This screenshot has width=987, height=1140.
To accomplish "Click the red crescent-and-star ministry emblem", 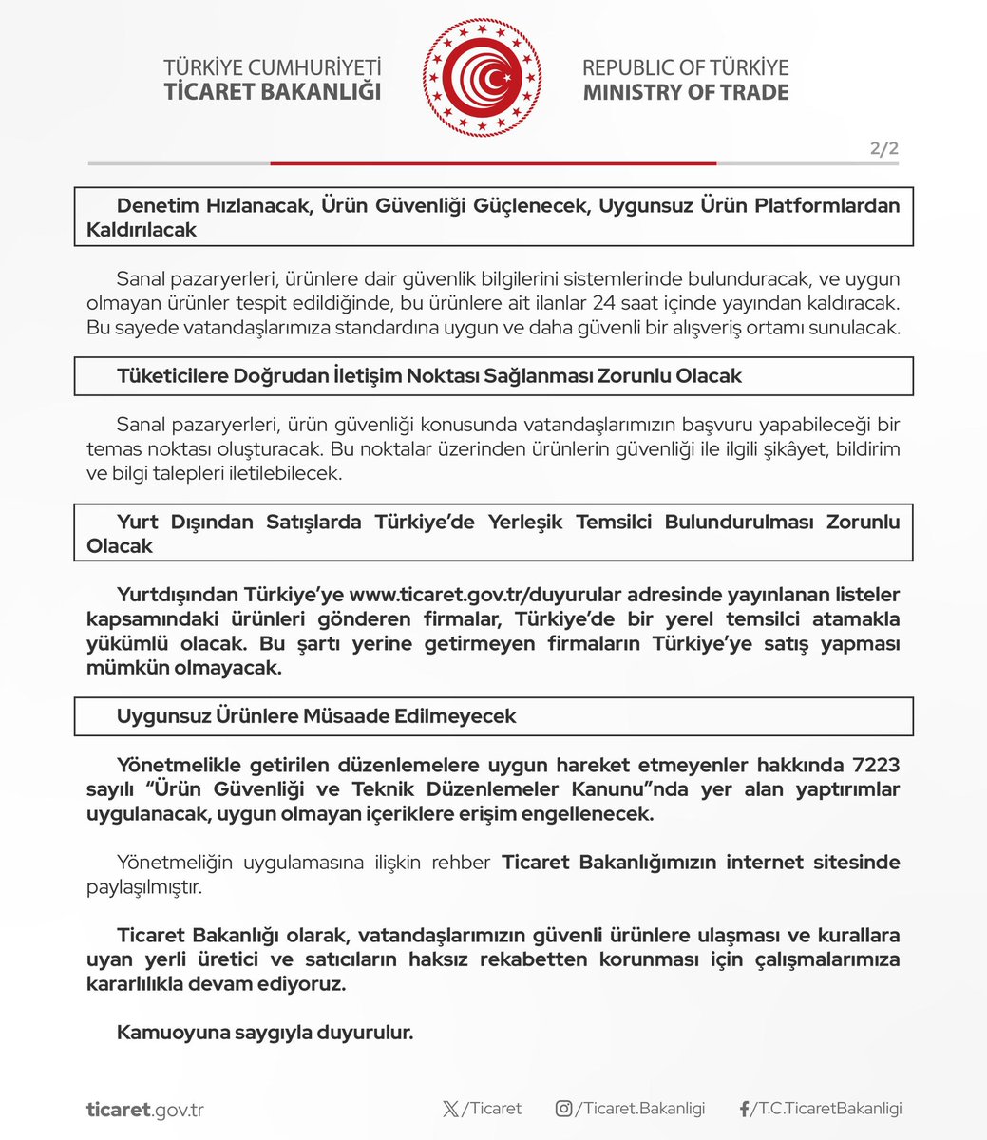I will coord(482,79).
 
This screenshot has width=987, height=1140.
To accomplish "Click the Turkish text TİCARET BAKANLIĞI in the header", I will coord(273,92).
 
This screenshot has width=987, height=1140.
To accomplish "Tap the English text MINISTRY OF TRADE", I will coord(685,92).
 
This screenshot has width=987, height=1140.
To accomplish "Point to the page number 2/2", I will coord(883,148).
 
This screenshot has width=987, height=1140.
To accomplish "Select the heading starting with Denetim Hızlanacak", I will coord(493,218).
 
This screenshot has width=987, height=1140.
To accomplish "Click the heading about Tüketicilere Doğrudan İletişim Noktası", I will coord(428,375).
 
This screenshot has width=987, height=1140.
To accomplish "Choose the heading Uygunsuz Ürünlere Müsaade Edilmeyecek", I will coord(316,715).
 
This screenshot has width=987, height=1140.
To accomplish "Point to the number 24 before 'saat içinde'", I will coord(602,304).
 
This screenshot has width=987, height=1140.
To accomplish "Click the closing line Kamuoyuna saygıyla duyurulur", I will coord(265,1032).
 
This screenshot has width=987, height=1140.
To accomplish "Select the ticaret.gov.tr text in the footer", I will coord(144,1110).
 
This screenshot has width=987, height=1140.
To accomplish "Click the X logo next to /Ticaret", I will coord(450,1109).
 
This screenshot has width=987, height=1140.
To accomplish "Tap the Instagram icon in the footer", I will coord(564,1109).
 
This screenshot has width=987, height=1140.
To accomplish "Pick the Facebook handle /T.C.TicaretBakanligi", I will coord(826,1109).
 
